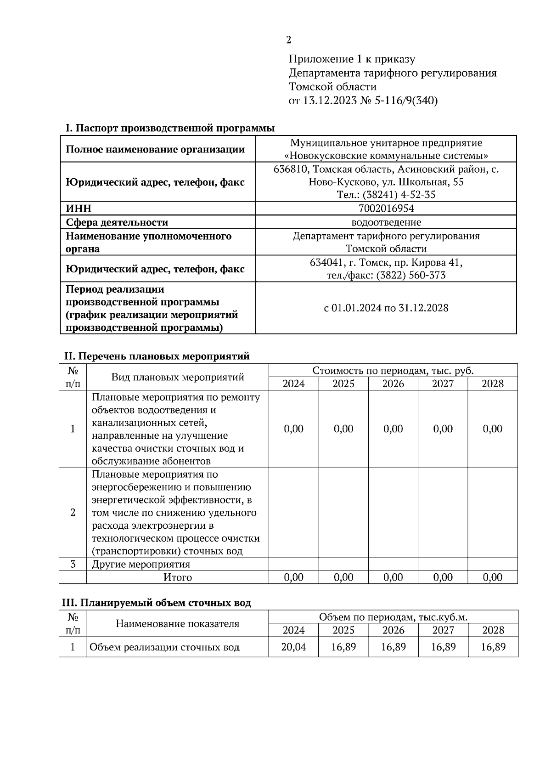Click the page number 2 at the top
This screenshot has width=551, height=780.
point(288,40)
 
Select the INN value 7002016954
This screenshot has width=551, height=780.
point(386,209)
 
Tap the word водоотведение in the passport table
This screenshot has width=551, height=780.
point(386,222)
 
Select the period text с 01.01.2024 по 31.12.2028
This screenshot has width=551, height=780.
point(386,308)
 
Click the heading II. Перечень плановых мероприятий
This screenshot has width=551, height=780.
point(157,356)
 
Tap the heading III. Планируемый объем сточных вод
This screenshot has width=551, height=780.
point(157,603)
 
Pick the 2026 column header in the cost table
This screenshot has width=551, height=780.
point(393,384)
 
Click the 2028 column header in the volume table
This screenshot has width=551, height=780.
point(493,630)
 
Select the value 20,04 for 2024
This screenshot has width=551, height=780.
point(293,647)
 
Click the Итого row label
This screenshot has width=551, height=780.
point(178,577)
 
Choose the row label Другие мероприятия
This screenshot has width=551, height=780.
point(141,564)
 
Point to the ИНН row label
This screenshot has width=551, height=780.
point(79,209)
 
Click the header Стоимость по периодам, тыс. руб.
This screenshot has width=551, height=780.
point(393,371)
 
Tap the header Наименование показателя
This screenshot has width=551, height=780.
point(178,624)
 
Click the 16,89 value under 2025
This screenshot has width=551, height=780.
point(343,647)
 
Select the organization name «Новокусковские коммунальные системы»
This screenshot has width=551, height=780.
point(386,155)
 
